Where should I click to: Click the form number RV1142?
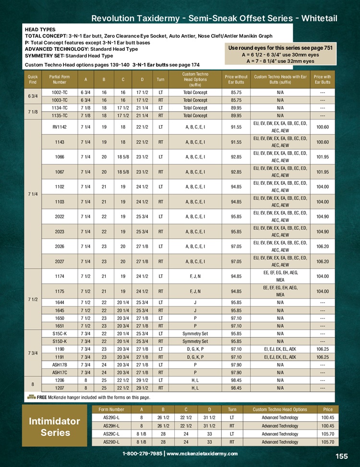(60, 127)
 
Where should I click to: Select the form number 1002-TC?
(60, 92)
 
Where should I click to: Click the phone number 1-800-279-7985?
(143, 454)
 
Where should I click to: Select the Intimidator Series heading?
(55, 427)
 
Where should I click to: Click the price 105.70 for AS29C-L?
(328, 434)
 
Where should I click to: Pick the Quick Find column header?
(33, 79)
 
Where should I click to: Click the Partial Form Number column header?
(60, 79)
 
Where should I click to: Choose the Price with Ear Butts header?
(322, 79)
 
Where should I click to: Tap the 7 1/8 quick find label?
(33, 112)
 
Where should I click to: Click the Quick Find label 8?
(33, 384)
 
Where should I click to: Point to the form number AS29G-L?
(111, 418)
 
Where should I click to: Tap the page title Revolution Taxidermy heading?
(214, 18)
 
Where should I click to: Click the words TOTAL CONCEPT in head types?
(45, 36)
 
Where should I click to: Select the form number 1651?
(60, 326)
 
